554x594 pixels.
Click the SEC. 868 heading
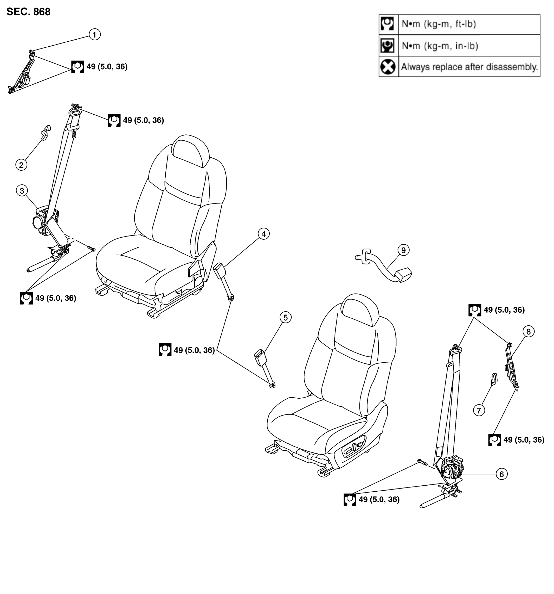(x=28, y=12)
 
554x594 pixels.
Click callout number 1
(x=95, y=35)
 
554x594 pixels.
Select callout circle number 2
(x=21, y=165)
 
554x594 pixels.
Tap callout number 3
(x=22, y=191)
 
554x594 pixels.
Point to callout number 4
(x=263, y=234)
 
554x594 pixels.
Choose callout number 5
(x=286, y=318)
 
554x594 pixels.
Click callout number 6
(x=501, y=474)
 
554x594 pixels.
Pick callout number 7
(x=479, y=410)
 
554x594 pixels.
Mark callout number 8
(x=528, y=332)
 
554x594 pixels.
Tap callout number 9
(x=403, y=250)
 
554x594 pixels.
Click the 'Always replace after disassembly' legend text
(x=469, y=67)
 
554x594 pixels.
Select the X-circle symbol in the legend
(x=388, y=67)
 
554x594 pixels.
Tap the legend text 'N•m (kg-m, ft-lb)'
(x=439, y=24)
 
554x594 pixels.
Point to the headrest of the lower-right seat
(x=360, y=310)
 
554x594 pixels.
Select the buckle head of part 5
(x=261, y=358)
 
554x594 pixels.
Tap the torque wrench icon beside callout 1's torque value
(x=78, y=67)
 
